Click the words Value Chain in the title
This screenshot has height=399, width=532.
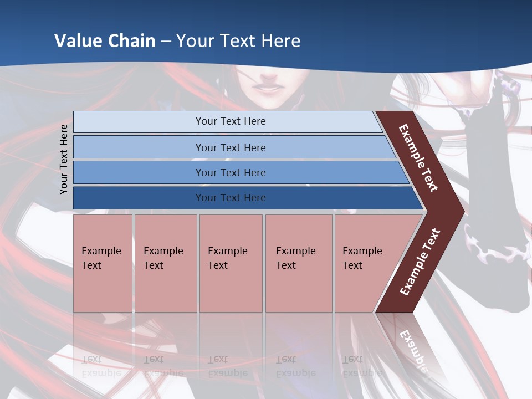(x=105, y=40)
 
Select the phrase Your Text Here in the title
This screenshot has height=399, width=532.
(x=238, y=40)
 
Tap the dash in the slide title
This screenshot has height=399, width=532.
(x=166, y=41)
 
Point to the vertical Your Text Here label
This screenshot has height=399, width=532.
(x=64, y=159)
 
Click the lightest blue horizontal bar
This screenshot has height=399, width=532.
(x=230, y=121)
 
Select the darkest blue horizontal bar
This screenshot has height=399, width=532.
(x=230, y=198)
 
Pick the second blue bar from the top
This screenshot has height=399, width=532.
(x=230, y=147)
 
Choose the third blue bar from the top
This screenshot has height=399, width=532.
(x=230, y=172)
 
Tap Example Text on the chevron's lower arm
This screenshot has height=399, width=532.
(x=420, y=262)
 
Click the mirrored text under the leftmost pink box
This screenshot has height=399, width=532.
(x=101, y=366)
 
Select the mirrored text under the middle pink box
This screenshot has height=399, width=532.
(x=227, y=366)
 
